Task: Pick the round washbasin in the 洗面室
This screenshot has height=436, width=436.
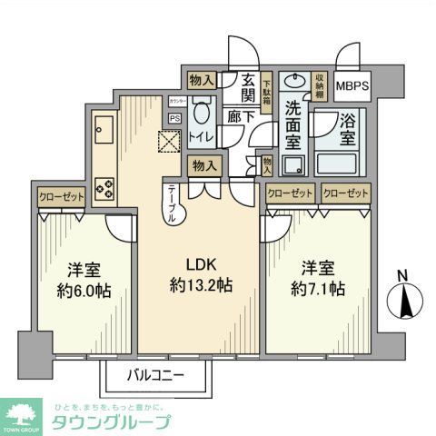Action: pos(292,81)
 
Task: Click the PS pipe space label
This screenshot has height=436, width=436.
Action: pos(173,117)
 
